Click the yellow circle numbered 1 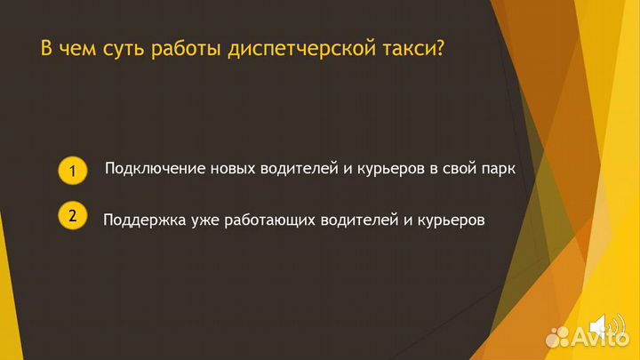73,170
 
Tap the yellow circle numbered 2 73,216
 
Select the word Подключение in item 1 156,168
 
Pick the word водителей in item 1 295,168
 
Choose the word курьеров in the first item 386,168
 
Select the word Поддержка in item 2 145,220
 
